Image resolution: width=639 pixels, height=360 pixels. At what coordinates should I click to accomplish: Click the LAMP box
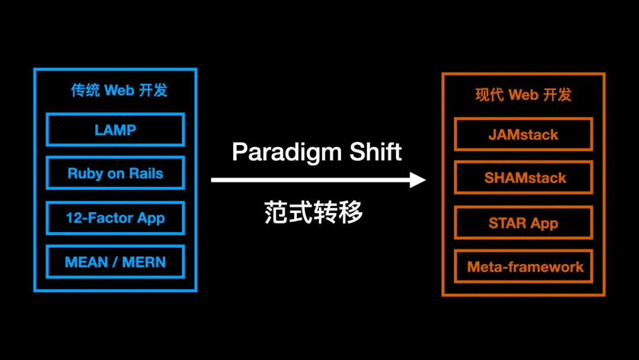pos(115,130)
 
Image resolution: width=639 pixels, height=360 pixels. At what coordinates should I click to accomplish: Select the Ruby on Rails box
pos(115,173)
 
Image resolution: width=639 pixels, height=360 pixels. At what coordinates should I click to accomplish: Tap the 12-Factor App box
pos(115,218)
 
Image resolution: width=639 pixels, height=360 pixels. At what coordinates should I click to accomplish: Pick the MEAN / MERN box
pos(115,262)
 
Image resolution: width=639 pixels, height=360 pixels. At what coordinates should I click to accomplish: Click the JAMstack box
pos(523,134)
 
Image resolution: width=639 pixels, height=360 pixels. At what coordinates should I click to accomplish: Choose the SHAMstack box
pos(523,178)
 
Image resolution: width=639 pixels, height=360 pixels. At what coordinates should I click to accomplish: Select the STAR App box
pos(523,223)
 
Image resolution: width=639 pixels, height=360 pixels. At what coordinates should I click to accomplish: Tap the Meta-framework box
pos(523,267)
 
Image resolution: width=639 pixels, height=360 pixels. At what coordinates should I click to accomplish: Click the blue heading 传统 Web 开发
pos(119,90)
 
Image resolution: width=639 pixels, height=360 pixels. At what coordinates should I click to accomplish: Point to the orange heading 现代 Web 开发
pos(523,95)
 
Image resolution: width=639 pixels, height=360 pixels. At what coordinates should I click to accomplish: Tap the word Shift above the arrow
pos(376,152)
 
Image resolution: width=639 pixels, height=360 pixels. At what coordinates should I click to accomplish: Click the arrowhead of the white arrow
pos(418,180)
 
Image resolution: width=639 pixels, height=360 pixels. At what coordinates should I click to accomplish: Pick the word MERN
pos(144,262)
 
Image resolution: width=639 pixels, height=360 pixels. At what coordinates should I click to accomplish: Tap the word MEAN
pos(86,262)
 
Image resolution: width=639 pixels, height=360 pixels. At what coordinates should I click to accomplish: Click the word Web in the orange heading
pos(524,95)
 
